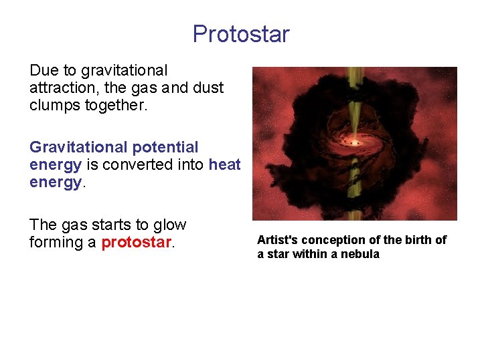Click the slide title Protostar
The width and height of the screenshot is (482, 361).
pyautogui.click(x=241, y=33)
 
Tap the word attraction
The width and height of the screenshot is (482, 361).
pyautogui.click(x=58, y=88)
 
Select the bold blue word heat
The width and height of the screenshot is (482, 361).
pyautogui.click(x=224, y=164)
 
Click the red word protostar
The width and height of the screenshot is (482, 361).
pyautogui.click(x=137, y=243)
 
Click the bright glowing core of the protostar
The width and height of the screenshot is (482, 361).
pyautogui.click(x=355, y=142)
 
